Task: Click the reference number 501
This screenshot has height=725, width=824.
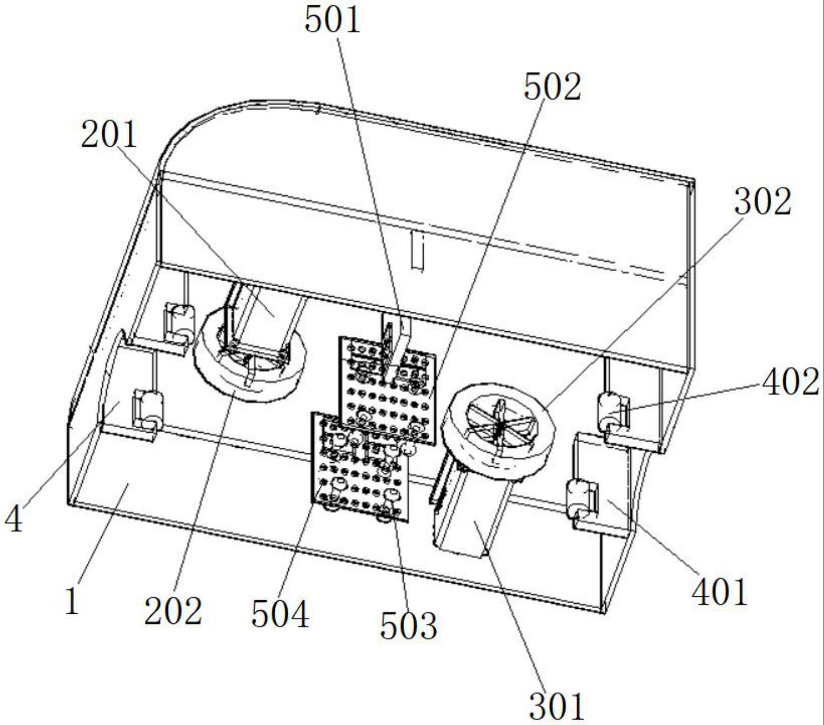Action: (x=332, y=20)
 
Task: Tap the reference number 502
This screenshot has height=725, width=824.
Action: (x=552, y=87)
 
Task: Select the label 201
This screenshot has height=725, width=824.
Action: (x=109, y=134)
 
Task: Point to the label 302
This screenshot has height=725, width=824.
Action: (x=762, y=202)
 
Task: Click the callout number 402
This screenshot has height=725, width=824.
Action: (x=790, y=381)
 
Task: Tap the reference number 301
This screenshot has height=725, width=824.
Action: (x=556, y=706)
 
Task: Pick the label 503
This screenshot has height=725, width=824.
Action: (x=409, y=626)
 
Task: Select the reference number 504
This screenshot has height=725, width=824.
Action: (x=280, y=614)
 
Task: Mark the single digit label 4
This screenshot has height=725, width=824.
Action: (x=14, y=520)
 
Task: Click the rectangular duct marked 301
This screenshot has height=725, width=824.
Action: (x=471, y=514)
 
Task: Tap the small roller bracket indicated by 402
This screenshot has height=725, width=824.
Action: (x=614, y=411)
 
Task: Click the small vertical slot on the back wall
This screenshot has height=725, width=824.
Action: (x=417, y=252)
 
